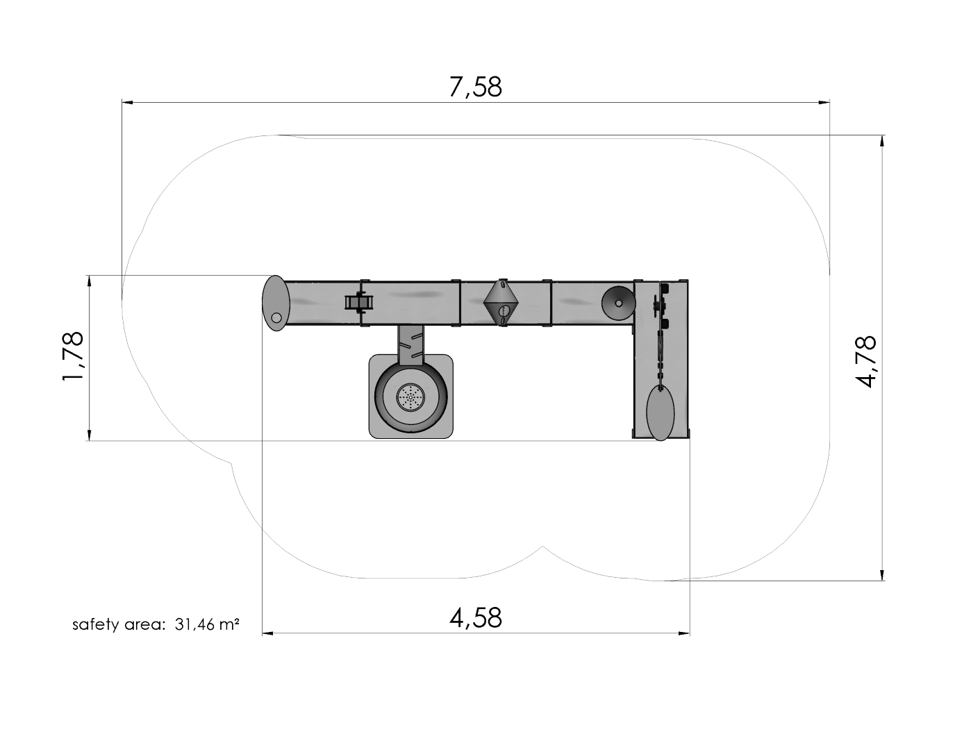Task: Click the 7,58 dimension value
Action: [x=475, y=87]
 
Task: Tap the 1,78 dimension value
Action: [x=74, y=356]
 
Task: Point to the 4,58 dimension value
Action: [x=475, y=617]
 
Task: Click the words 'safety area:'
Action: [x=119, y=624]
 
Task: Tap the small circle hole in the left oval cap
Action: [x=276, y=318]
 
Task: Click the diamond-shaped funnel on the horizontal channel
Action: [x=501, y=302]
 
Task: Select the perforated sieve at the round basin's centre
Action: [x=410, y=397]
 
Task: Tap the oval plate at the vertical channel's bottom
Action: [x=660, y=413]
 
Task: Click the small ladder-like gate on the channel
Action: [x=360, y=302]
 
